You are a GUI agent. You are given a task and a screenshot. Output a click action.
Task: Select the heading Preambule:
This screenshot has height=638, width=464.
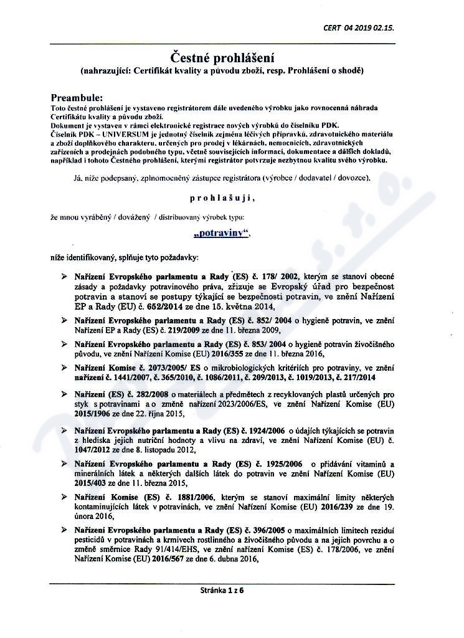pyautogui.click(x=77, y=98)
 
